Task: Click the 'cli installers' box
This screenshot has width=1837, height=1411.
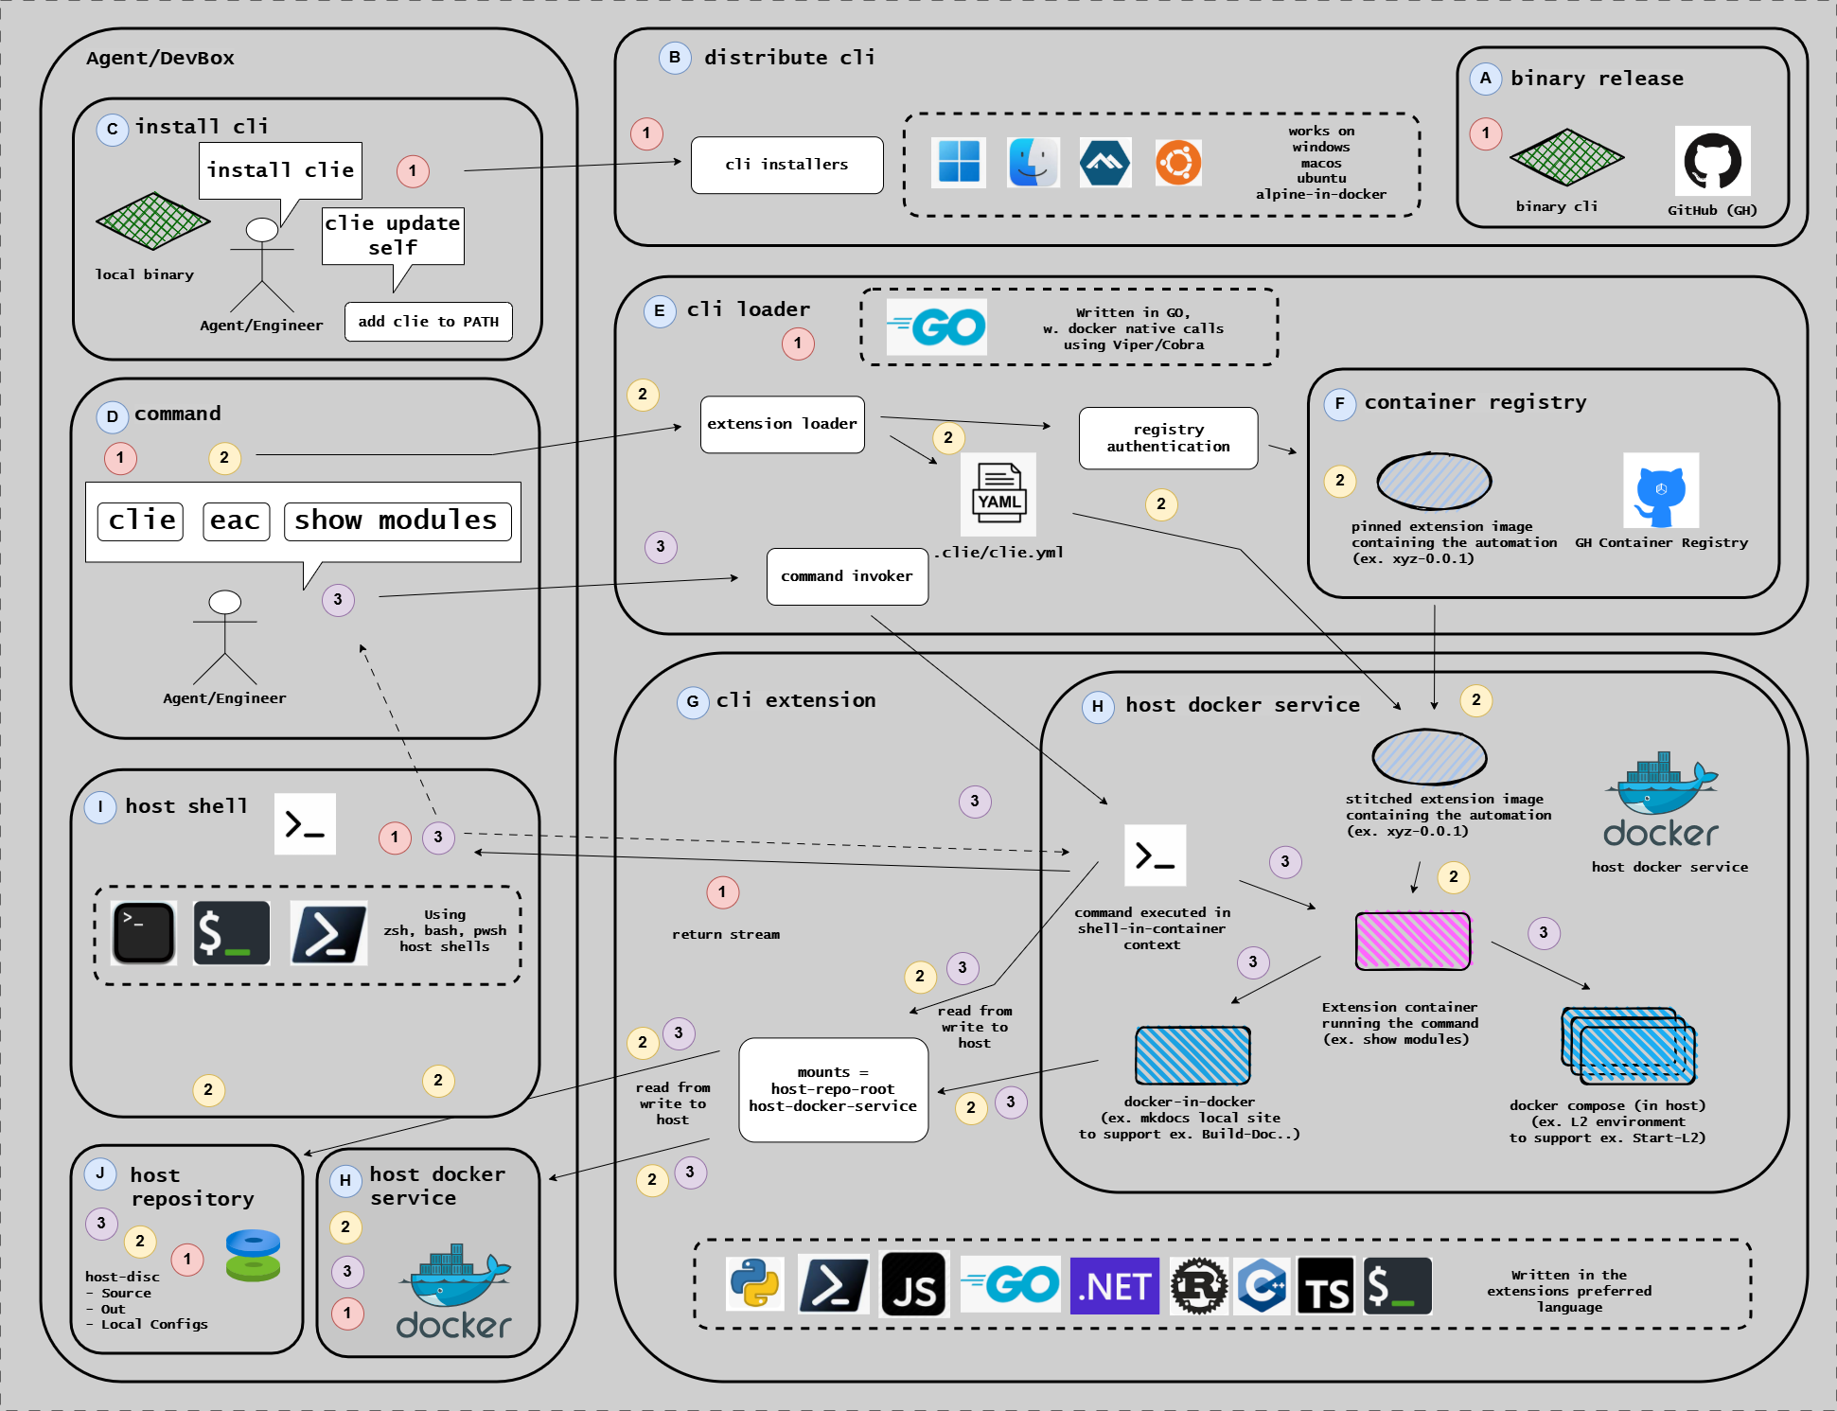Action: [x=786, y=165]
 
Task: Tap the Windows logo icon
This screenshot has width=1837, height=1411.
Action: [x=958, y=162]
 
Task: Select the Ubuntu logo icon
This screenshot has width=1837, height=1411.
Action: [x=1178, y=163]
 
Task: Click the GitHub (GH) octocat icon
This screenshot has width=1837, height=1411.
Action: [x=1712, y=162]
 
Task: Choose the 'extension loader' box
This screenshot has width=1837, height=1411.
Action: [x=782, y=424]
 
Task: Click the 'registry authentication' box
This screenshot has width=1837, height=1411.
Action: [x=1168, y=438]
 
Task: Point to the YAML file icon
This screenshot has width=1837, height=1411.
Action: [x=998, y=494]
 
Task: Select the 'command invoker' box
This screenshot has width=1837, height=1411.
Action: [x=847, y=576]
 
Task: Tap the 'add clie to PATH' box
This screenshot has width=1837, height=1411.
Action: [x=428, y=322]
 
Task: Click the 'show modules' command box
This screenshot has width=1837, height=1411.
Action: [x=397, y=520]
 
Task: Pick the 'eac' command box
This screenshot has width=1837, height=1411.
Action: [x=236, y=520]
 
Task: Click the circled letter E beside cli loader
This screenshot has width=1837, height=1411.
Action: [x=660, y=310]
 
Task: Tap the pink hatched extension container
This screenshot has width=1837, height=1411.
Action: [x=1413, y=941]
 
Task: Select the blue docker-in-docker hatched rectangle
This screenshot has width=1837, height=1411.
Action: [x=1192, y=1055]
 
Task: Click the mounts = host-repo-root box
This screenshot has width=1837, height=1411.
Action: [x=833, y=1089]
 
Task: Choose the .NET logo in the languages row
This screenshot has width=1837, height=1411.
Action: [x=1114, y=1286]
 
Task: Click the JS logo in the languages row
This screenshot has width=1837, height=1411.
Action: [x=914, y=1285]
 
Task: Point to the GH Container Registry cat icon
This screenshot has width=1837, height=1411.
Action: [x=1660, y=491]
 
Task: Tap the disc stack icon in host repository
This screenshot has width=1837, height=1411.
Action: [x=253, y=1255]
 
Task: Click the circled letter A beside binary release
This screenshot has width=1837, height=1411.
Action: [x=1485, y=79]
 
